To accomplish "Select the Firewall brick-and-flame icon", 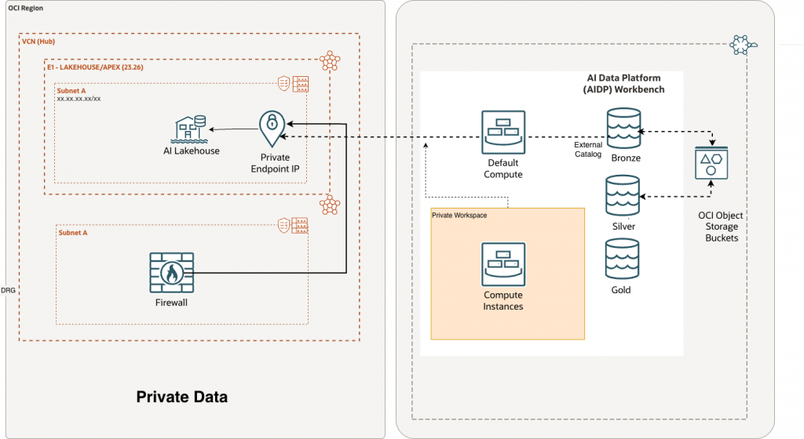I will [x=170, y=273].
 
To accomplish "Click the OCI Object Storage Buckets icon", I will [x=711, y=166].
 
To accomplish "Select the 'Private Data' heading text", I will [x=182, y=397].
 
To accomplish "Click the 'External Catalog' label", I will [x=588, y=150].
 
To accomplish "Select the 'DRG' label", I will [x=8, y=290].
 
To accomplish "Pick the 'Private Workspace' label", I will [x=459, y=214].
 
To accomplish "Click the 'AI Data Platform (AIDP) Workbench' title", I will [x=624, y=84].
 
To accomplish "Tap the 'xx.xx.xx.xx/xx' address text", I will [x=79, y=100].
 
